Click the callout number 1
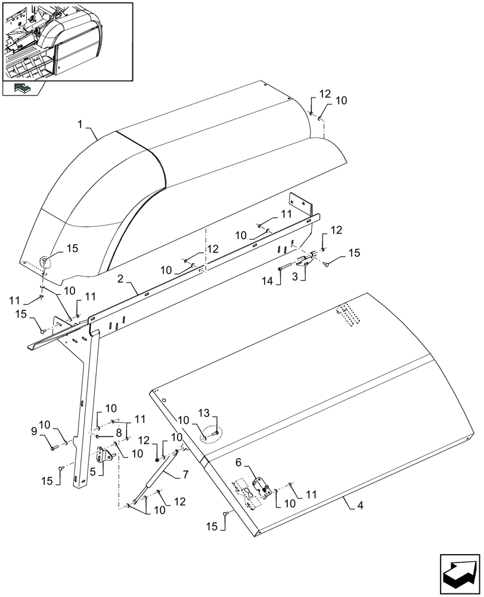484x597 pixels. click(x=80, y=125)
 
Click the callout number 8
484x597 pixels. click(x=119, y=430)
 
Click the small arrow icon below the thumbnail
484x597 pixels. click(x=22, y=88)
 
